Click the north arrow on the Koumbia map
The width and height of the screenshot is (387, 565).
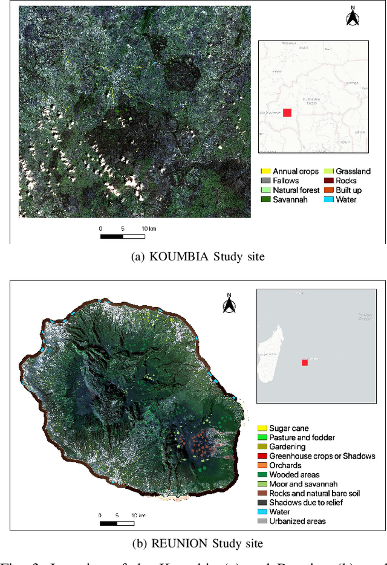click(353, 17)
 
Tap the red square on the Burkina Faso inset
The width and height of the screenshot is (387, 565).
click(287, 112)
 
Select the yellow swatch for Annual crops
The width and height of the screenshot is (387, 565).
click(265, 172)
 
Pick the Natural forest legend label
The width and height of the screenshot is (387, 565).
click(296, 190)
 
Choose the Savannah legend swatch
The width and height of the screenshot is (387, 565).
click(265, 199)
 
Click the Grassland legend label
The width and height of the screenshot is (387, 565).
click(354, 172)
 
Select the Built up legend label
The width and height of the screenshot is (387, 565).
click(349, 190)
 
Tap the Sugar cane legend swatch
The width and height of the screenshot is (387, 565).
click(262, 428)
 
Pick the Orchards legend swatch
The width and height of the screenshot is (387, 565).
click(262, 465)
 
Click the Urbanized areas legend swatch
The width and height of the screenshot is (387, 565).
click(262, 521)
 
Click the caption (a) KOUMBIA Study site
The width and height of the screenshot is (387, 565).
click(198, 256)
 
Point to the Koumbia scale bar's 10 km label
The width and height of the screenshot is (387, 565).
click(149, 228)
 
